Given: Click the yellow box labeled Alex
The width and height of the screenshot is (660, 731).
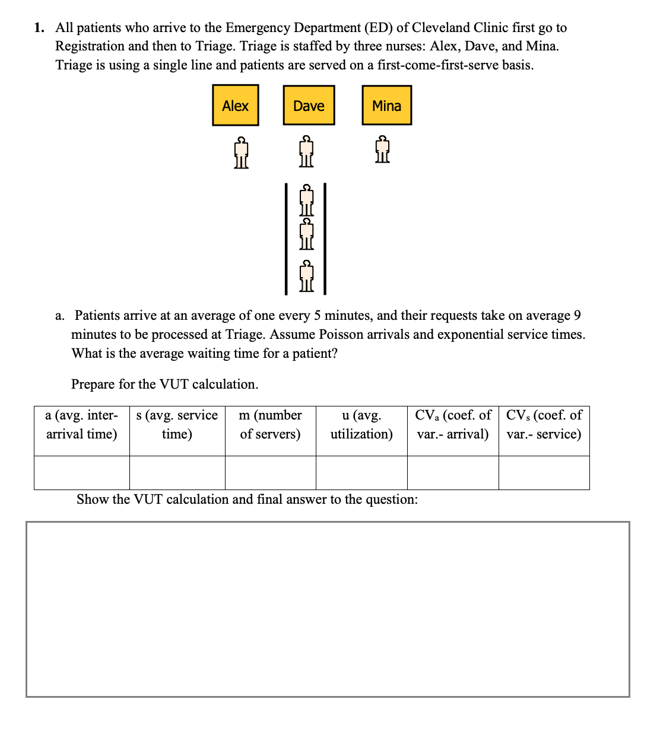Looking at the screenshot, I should [235, 106].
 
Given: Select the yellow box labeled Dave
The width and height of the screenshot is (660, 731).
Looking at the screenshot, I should [309, 106].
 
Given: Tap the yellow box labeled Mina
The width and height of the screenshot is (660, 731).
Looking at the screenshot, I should [386, 106].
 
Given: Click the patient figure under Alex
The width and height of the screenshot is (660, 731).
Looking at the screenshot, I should [240, 153].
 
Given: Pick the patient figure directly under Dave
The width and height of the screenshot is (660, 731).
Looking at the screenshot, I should [306, 152].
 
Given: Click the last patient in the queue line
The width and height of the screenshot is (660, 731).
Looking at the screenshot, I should [306, 276].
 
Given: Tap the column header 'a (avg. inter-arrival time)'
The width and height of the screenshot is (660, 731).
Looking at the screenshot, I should [82, 424].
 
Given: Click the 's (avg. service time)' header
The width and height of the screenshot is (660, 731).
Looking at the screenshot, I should [177, 424].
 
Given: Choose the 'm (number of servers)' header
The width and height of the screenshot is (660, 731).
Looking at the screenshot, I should [270, 424].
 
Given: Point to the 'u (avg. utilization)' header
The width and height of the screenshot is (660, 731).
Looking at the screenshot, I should [361, 424].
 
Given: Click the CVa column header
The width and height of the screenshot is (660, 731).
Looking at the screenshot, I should [453, 424].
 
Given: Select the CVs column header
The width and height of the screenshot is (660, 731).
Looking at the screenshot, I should [544, 424].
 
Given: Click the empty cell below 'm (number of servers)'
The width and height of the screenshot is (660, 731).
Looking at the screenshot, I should [270, 473].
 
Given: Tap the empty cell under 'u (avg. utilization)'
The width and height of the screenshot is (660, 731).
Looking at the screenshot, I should [361, 473].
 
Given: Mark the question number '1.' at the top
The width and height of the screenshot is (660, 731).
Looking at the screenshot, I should [40, 28].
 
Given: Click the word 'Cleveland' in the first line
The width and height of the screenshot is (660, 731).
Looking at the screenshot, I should [440, 28].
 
